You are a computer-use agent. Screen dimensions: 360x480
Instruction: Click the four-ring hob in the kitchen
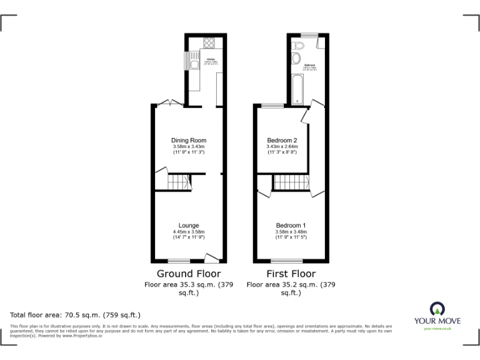pos(209,44)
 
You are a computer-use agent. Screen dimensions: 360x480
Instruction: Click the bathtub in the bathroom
pos(296,88)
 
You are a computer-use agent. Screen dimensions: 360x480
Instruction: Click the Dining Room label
pos(189,141)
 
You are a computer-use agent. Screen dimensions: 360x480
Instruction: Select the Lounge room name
pos(189,226)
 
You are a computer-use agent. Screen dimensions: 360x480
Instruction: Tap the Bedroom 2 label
pos(282,141)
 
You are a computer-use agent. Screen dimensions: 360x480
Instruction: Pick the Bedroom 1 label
pos(291,226)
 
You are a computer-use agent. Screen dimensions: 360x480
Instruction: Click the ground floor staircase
pos(178,182)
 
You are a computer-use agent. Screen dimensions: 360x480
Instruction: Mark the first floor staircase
pos(292,182)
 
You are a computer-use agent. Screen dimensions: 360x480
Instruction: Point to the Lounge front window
pos(179,261)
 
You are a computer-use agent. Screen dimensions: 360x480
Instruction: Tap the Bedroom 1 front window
pos(285,261)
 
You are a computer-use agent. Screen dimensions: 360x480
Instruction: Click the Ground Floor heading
pos(189,274)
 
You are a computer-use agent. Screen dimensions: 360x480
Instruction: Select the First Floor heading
pos(291,274)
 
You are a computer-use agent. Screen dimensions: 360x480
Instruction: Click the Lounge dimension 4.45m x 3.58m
pos(189,232)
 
